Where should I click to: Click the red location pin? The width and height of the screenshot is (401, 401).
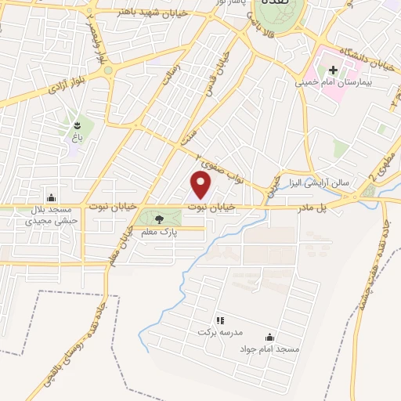[201, 185]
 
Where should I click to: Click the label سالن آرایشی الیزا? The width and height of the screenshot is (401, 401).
[323, 182]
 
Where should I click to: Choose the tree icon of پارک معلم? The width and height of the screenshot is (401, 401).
[160, 220]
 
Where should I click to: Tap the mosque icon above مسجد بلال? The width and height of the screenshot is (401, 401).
[52, 197]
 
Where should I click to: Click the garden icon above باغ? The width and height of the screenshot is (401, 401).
[77, 125]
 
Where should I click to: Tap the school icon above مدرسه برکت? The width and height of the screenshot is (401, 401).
[220, 320]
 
